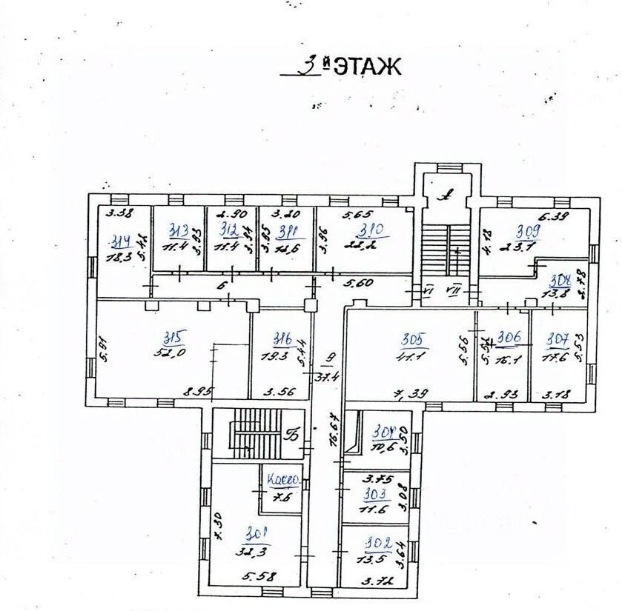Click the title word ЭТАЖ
click(x=366, y=67)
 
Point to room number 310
click(x=369, y=230)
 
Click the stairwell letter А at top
click(x=446, y=196)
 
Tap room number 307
click(x=557, y=340)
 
